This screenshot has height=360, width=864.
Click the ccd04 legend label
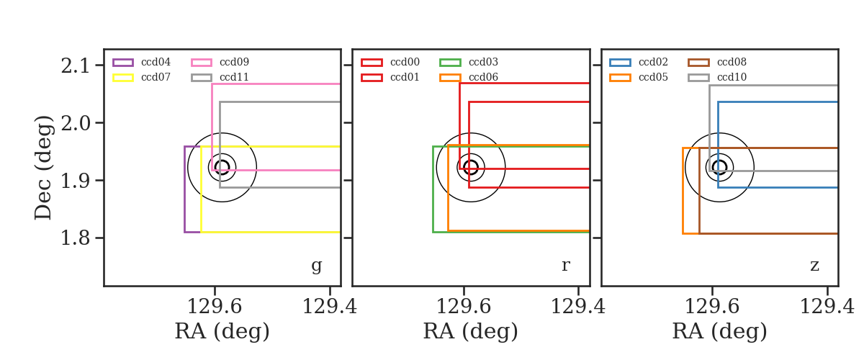point(156,62)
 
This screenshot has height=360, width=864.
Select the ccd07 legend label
point(156,77)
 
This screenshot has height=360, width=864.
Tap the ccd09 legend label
point(234,62)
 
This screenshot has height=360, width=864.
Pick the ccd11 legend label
point(234,77)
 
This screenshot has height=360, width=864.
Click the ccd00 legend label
point(405,62)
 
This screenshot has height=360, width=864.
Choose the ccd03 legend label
point(483,62)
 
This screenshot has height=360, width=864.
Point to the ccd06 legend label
point(483,77)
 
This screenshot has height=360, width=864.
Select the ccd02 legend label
point(654,62)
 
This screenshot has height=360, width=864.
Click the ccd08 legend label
point(732,62)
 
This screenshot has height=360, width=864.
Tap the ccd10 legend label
point(732,77)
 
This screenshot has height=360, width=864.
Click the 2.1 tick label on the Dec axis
point(75,66)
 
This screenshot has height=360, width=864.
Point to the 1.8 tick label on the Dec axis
point(75,238)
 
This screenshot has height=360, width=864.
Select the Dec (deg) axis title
point(42,168)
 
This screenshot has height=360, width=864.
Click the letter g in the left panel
point(316,266)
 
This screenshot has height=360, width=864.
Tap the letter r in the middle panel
point(565,265)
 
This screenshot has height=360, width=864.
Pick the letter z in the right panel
point(814,266)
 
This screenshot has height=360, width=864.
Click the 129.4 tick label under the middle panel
point(577,307)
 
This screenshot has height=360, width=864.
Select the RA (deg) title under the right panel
point(720,331)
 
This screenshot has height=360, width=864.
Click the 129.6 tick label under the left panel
point(215,307)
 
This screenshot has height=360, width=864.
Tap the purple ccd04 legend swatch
point(123,63)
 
